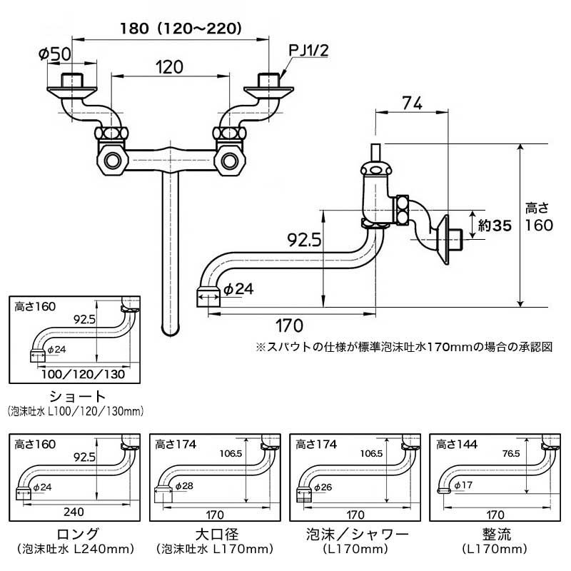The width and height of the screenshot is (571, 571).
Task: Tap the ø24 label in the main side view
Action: click(x=239, y=290)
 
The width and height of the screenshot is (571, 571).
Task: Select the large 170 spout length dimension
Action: click(x=288, y=325)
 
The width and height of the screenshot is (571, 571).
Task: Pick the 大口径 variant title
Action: click(x=216, y=533)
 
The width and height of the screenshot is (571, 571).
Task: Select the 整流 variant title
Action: click(x=497, y=533)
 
